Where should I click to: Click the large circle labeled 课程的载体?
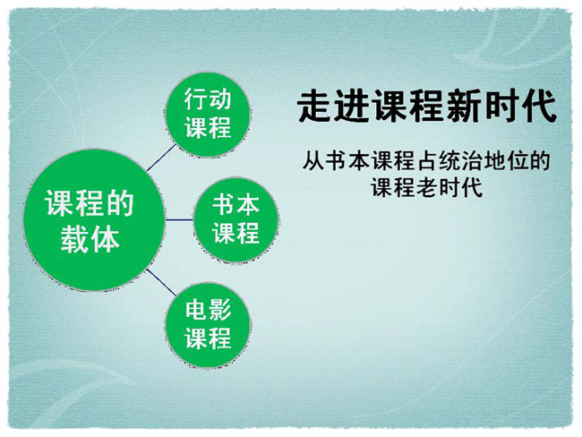point(93,219)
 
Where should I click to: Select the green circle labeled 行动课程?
point(208,115)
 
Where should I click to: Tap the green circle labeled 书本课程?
point(235,219)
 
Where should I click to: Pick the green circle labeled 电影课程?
point(208,325)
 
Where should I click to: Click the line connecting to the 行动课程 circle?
point(160,159)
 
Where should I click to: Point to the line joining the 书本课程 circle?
point(179,219)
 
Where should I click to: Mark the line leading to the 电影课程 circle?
point(160,282)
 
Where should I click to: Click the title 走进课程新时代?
point(427,107)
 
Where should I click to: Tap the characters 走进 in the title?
point(333,107)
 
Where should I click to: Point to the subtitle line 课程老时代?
point(426,187)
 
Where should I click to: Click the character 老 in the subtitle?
point(426,187)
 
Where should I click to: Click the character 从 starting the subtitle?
point(313,160)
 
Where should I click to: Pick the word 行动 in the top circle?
point(208,99)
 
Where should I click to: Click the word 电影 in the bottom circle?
point(208,310)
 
